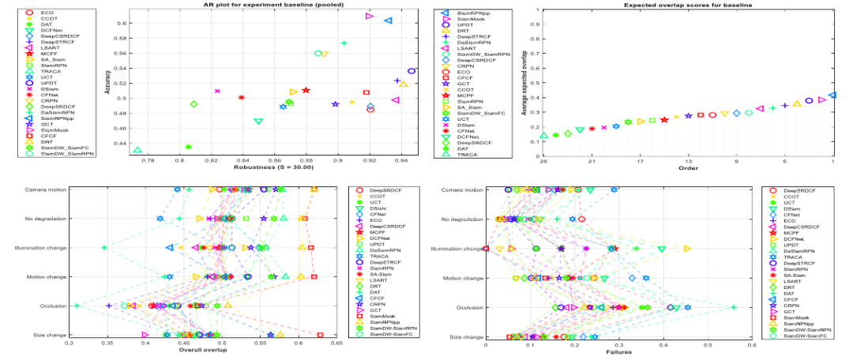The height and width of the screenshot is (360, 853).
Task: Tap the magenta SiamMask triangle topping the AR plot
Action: pos(369,16)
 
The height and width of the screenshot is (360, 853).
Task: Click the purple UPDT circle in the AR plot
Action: pos(411,71)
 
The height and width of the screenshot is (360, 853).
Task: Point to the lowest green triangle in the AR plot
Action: pos(137,149)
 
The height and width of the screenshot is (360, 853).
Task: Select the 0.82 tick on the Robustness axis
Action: pos(211,160)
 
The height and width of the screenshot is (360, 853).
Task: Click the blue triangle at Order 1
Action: pos(832,95)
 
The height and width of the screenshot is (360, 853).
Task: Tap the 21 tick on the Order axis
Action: pos(592,160)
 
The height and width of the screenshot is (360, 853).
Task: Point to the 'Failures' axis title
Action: pos(618,351)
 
